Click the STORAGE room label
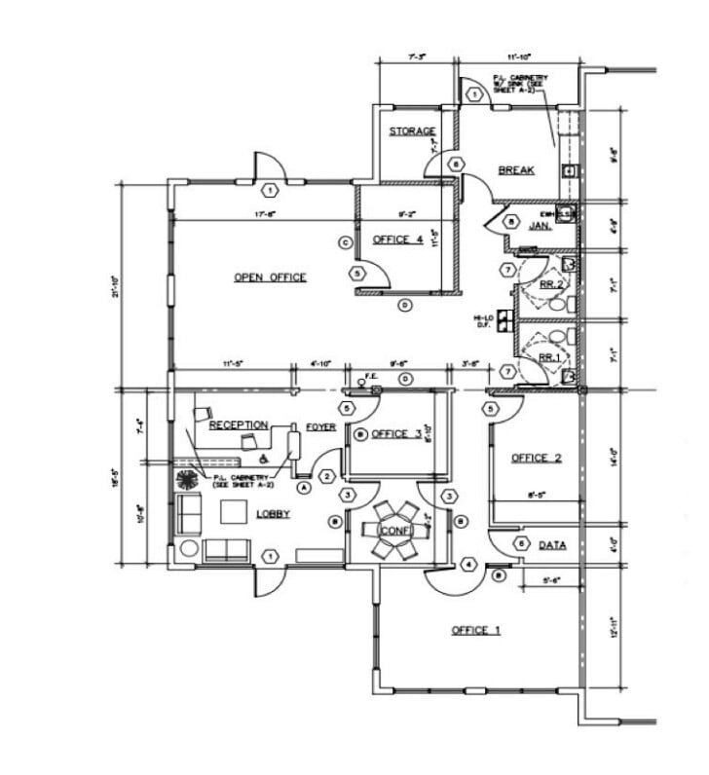(x=412, y=131)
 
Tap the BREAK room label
(x=516, y=170)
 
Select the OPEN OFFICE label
(x=270, y=277)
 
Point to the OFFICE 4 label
(x=397, y=240)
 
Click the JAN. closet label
(x=541, y=226)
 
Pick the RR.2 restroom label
(x=552, y=284)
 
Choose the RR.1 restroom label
(x=551, y=358)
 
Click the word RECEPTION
(x=239, y=425)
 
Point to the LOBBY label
(x=273, y=514)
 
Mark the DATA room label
(x=552, y=545)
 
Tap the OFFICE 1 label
(x=475, y=631)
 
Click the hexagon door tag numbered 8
(x=509, y=222)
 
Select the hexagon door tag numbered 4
(x=468, y=564)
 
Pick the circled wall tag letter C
(x=344, y=241)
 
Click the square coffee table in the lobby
(x=234, y=511)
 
